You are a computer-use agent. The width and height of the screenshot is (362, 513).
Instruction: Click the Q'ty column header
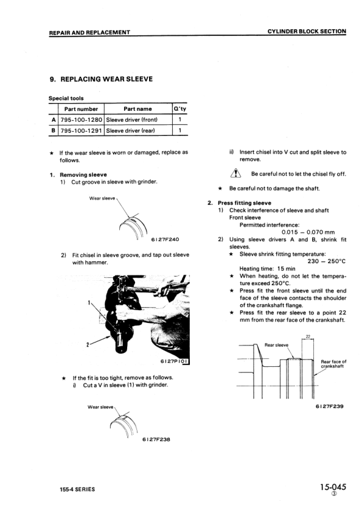[x=179, y=109]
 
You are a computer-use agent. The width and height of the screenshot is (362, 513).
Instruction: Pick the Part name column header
[x=137, y=109]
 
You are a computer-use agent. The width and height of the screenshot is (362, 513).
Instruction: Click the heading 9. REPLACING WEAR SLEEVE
[x=101, y=79]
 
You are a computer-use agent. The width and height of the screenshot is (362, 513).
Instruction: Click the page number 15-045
[x=332, y=487]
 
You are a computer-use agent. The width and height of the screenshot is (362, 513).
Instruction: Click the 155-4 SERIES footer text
[x=72, y=489]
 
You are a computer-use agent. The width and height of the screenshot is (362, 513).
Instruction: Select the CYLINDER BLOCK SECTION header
[x=307, y=32]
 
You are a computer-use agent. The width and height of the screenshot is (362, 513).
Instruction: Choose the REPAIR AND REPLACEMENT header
[x=89, y=32]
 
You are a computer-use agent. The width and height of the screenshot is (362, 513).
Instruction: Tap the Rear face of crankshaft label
[x=333, y=364]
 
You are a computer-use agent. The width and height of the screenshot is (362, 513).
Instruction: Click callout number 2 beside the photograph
[x=88, y=345]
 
